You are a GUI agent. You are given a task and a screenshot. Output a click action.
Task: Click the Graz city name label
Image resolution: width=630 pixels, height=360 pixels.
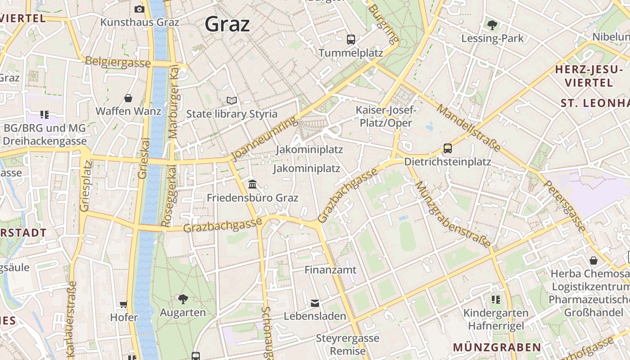click(x=227, y=24)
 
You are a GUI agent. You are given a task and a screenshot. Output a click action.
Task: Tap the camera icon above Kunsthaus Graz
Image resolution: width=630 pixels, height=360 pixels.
click(x=139, y=9)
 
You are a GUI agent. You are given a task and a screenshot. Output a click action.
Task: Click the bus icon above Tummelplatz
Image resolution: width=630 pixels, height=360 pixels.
click(x=351, y=39)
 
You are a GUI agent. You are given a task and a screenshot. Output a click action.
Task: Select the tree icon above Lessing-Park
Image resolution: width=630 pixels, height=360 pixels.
click(x=492, y=25)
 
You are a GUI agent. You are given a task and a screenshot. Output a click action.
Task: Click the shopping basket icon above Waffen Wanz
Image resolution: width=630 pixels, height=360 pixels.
click(x=128, y=98)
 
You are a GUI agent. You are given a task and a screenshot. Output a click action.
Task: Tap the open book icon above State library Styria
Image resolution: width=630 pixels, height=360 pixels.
click(x=232, y=100)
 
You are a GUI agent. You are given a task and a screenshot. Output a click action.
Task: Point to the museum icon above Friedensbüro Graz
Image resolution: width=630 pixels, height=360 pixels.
click(x=252, y=184)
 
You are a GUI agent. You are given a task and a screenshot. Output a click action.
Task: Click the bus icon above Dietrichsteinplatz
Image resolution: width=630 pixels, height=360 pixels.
click(x=447, y=148)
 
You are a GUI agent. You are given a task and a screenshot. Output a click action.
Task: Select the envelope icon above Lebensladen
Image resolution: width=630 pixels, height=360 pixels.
click(x=315, y=303)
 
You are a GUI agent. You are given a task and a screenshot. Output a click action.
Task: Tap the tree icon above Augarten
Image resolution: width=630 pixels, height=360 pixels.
click(x=183, y=299)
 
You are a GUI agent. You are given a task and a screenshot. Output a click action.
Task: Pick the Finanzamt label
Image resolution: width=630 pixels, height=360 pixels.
click(x=330, y=270)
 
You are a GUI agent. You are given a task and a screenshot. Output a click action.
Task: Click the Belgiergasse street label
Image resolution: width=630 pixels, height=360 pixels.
click(x=117, y=62)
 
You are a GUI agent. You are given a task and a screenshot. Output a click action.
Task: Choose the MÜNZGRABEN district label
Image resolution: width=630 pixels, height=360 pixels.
click(x=497, y=347)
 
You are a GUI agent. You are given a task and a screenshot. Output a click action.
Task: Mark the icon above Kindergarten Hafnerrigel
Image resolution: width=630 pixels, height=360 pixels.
click(x=496, y=299)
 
